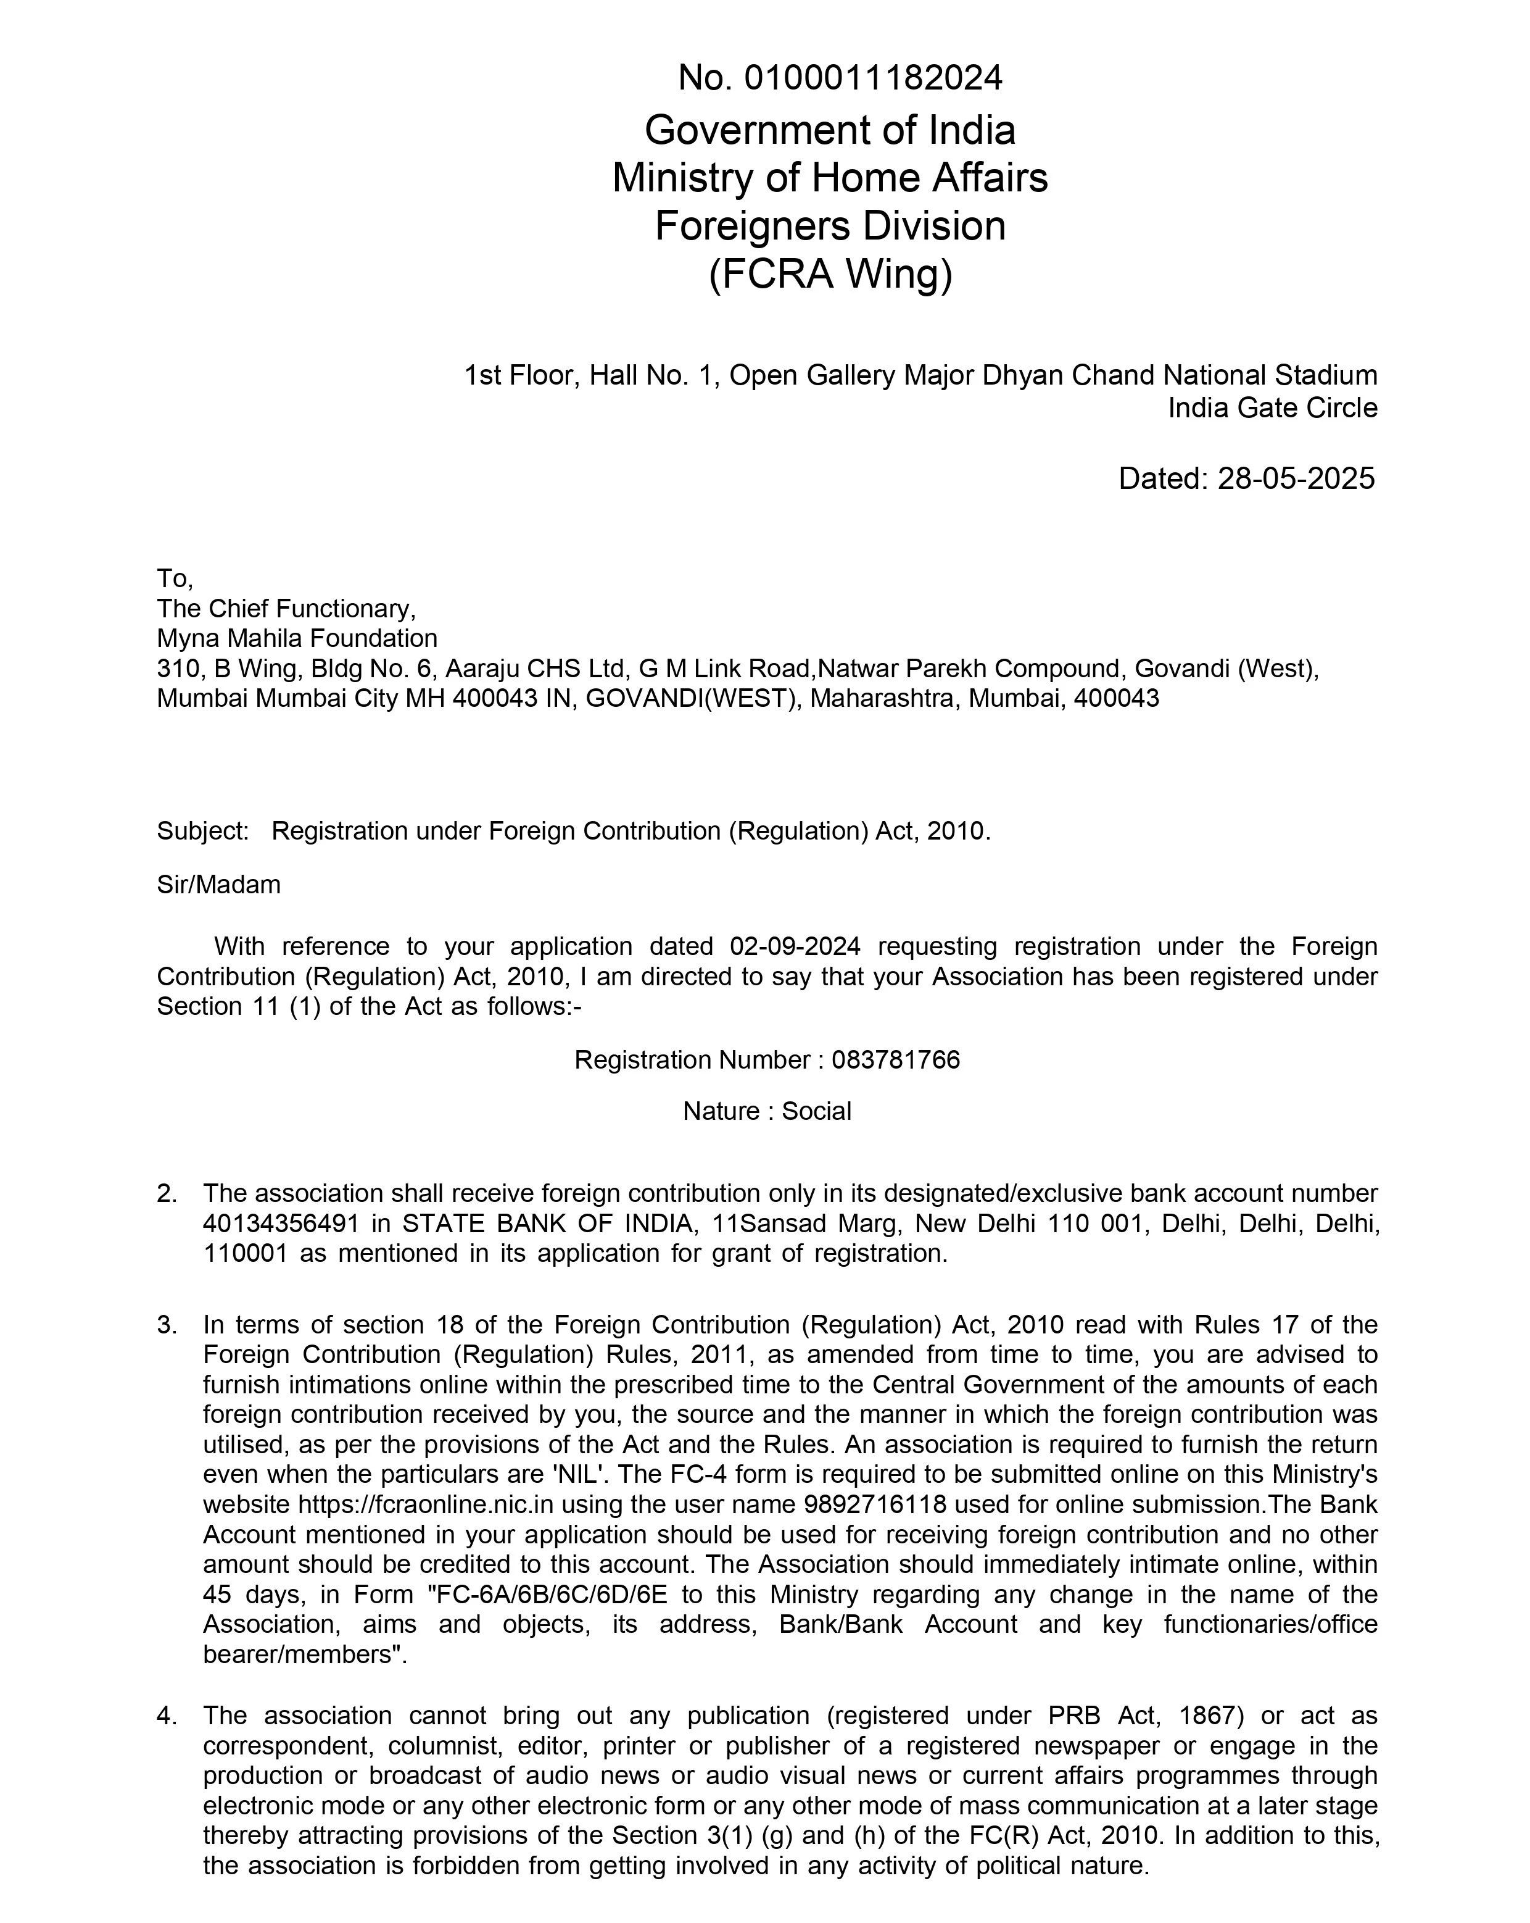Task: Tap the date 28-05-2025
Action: click(x=1296, y=479)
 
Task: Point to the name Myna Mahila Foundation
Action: click(x=297, y=638)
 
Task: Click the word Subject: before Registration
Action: click(x=202, y=832)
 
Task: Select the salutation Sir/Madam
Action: click(x=218, y=885)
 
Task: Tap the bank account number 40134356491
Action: click(x=281, y=1224)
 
